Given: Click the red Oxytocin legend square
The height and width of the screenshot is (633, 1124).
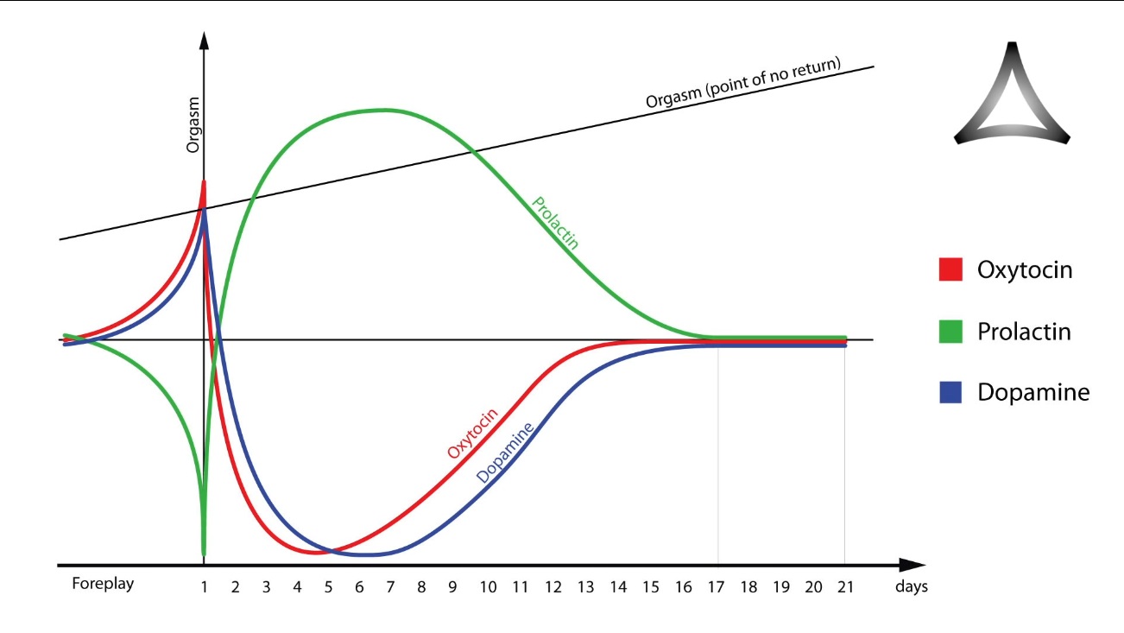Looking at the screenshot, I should click(x=950, y=269).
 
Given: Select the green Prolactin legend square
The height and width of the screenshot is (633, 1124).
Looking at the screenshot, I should click(x=950, y=332).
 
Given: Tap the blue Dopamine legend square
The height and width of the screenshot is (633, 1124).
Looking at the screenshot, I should click(x=950, y=393).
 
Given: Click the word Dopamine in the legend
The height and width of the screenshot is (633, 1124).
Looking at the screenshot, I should click(x=1033, y=393).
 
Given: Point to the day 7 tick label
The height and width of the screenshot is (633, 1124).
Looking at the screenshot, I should click(x=390, y=586).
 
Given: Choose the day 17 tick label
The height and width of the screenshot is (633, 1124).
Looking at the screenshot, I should click(x=717, y=586).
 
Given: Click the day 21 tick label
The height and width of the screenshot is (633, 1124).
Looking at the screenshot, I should click(x=845, y=586).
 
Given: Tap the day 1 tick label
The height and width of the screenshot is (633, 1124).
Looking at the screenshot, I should click(x=204, y=586).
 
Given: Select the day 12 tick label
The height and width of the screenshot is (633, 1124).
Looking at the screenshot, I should click(x=553, y=586).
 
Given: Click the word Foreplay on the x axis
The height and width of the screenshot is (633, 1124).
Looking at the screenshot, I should click(x=103, y=585).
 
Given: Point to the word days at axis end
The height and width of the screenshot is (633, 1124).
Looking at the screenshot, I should click(x=910, y=586).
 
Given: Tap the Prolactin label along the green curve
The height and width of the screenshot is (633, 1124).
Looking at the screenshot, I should click(x=555, y=223).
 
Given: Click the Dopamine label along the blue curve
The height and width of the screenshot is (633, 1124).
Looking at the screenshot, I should click(x=505, y=452).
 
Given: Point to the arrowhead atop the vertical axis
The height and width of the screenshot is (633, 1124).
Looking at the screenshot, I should click(x=205, y=41).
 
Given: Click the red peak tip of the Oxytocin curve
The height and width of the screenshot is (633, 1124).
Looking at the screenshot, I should click(x=205, y=182).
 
